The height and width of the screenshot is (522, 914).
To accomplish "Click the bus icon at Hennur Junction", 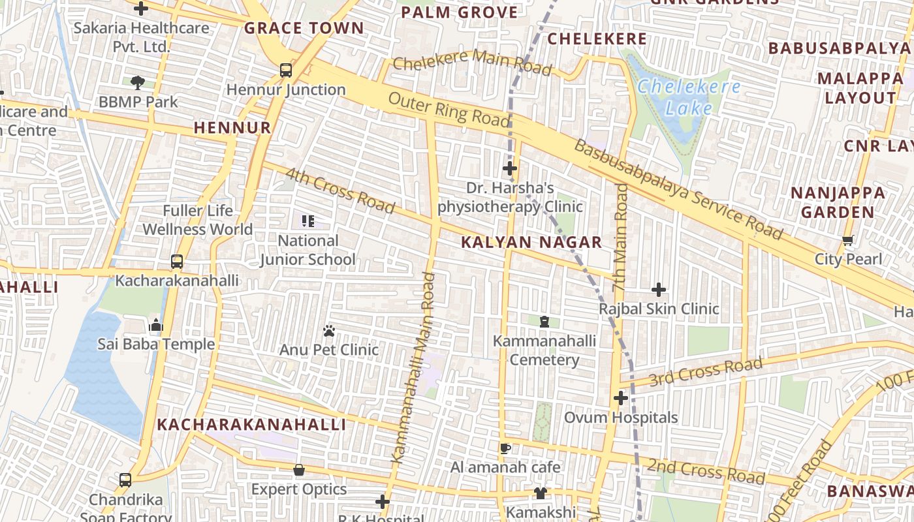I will click(x=285, y=70).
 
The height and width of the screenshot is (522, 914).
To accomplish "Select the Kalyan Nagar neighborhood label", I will click(x=531, y=243).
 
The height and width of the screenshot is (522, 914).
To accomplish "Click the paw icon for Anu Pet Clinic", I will click(x=328, y=331).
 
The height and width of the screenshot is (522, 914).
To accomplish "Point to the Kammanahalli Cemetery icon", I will click(x=544, y=322).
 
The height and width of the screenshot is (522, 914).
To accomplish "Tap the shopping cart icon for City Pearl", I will click(x=847, y=240).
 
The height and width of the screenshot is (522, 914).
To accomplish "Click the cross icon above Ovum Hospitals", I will click(x=620, y=398).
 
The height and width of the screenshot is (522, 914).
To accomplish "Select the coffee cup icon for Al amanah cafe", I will click(x=505, y=448).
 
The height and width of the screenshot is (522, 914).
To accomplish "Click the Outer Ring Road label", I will click(x=449, y=110).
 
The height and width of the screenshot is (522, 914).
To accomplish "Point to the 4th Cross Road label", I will click(x=340, y=191).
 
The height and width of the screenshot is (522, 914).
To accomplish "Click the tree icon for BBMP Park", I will click(x=137, y=82).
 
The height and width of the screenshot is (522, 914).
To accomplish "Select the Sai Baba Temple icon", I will click(x=155, y=325).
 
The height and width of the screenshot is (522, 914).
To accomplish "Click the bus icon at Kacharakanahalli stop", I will click(x=176, y=262).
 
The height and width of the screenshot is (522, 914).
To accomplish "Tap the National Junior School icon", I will click(x=307, y=221).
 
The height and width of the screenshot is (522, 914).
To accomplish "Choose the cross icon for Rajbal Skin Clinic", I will click(x=659, y=290).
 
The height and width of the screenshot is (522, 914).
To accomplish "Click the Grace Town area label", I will click(x=304, y=28).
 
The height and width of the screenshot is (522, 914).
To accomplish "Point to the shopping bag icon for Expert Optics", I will click(x=299, y=470).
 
